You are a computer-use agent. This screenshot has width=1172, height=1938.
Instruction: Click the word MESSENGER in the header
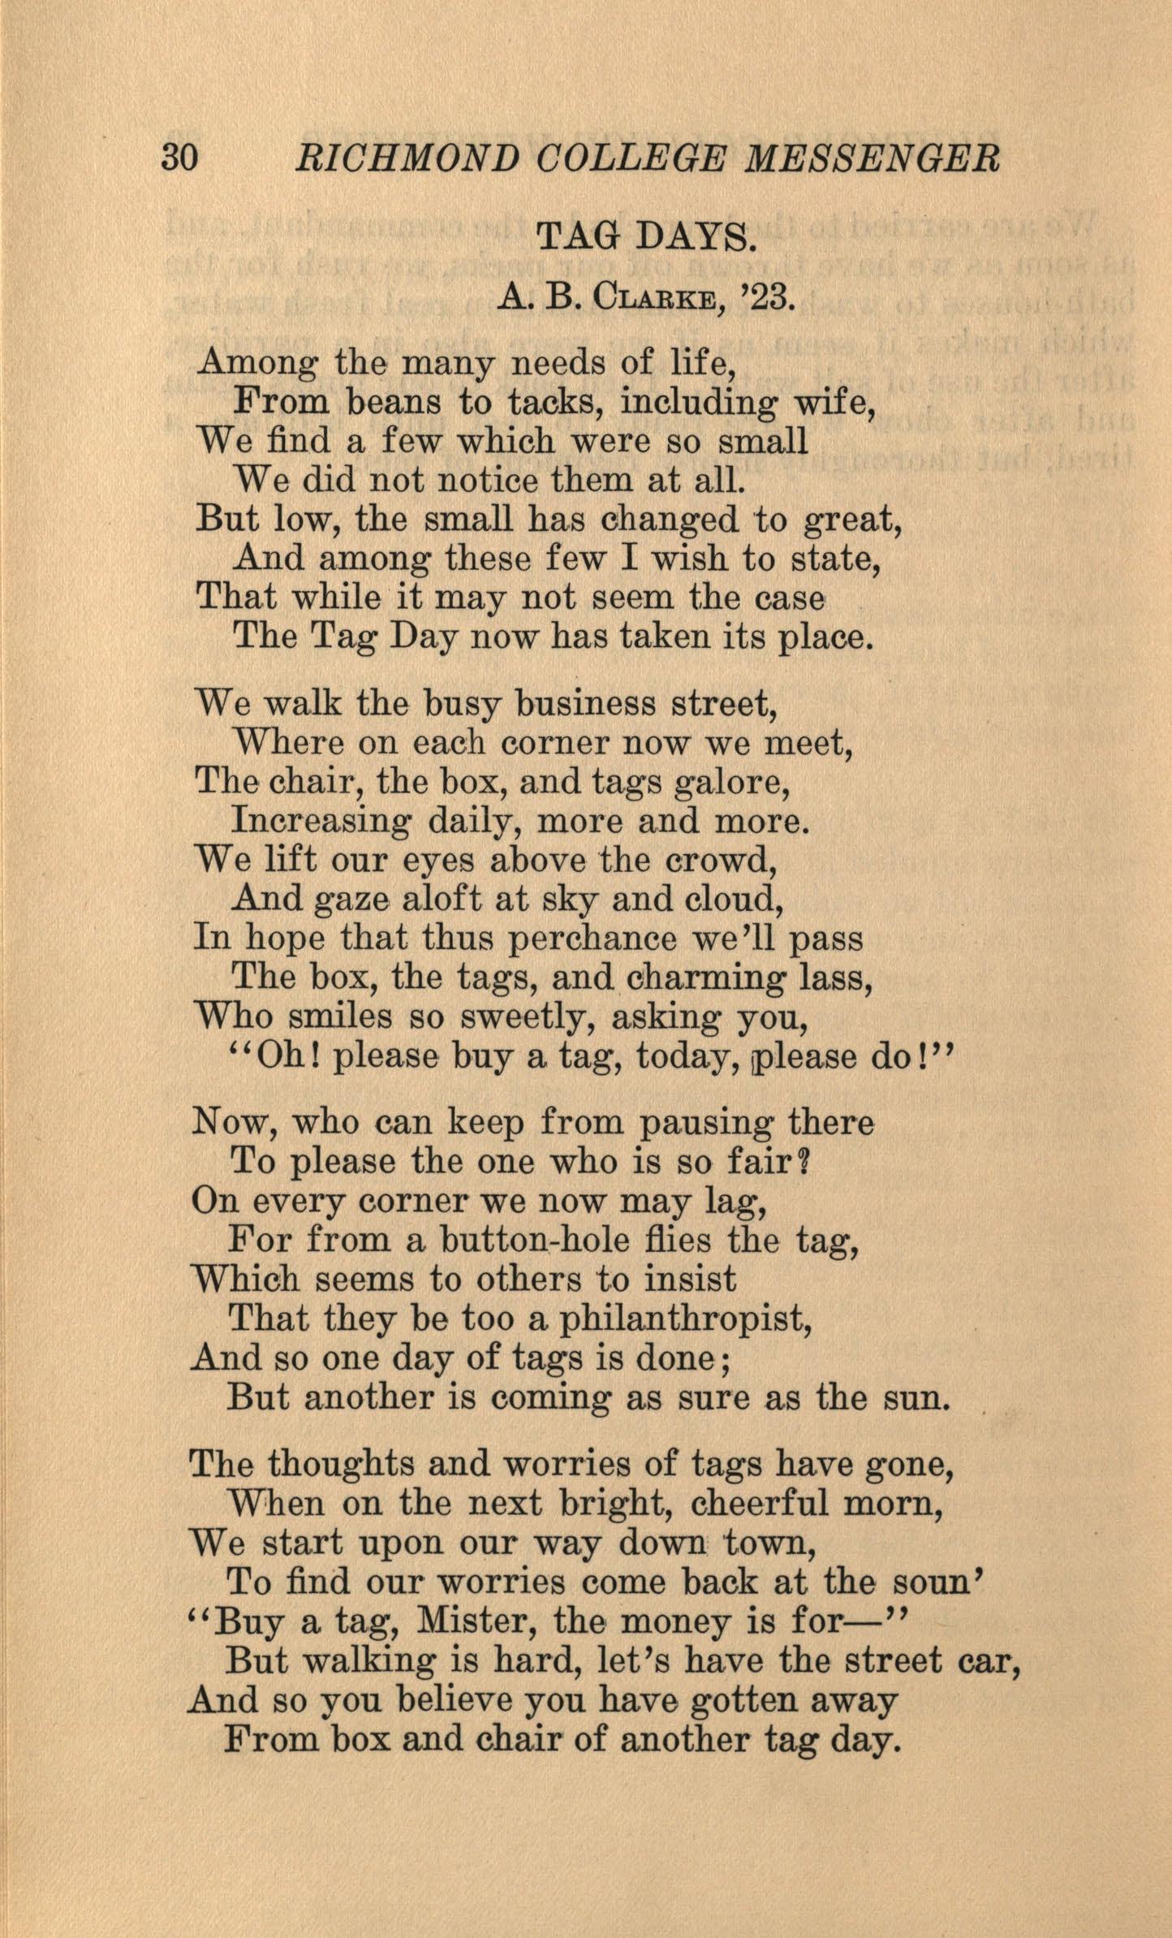(x=873, y=158)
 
